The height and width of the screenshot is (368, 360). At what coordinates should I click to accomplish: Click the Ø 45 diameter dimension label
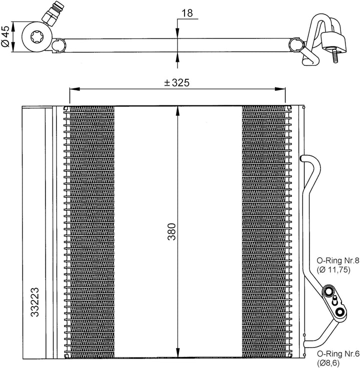[x=5, y=37]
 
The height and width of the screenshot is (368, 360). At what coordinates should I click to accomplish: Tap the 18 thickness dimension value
[x=187, y=13]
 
